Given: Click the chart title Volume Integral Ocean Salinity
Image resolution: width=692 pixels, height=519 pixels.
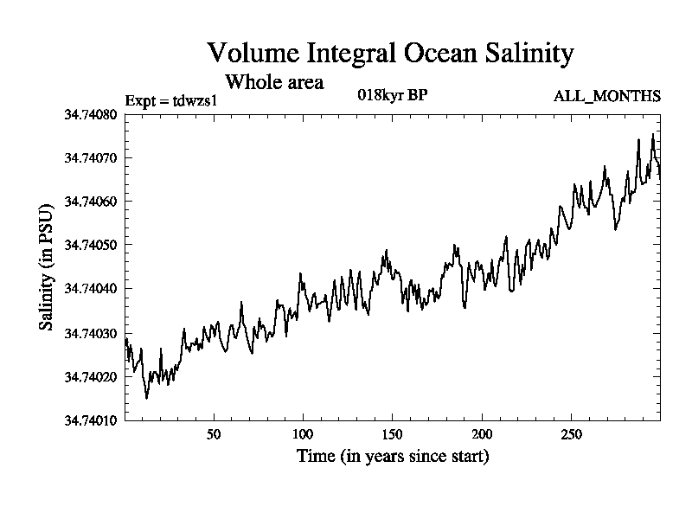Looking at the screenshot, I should [x=390, y=54].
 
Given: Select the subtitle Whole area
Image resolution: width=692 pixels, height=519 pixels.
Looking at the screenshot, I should [x=274, y=83].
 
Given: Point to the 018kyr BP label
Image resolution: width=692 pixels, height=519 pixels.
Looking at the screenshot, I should [x=393, y=95].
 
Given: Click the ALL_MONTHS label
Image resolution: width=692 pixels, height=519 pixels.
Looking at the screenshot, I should [x=607, y=96].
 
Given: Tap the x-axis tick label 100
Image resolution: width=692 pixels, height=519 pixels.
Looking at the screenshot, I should [x=303, y=434].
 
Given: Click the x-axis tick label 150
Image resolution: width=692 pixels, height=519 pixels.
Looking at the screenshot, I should [x=393, y=434].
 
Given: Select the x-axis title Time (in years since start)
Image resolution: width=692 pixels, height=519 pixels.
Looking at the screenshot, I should [x=393, y=456].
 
